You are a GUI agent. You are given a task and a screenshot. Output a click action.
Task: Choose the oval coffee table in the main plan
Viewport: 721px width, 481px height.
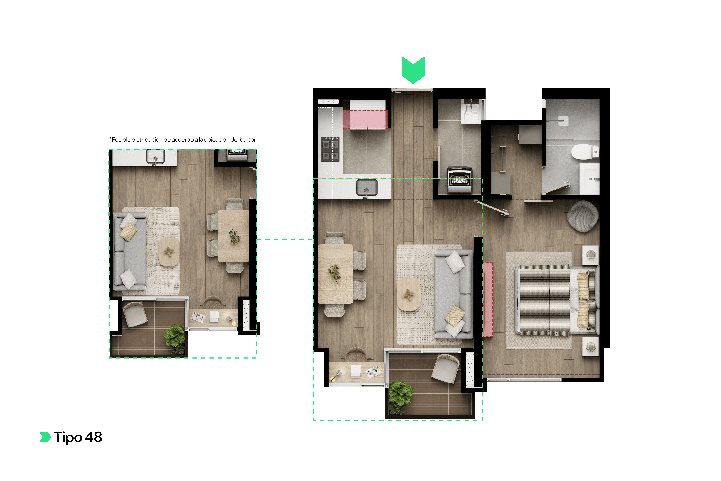point(408,294)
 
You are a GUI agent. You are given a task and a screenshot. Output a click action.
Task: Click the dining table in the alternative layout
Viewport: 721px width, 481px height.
point(233,236)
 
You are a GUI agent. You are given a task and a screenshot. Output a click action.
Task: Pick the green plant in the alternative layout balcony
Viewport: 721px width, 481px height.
point(175,336)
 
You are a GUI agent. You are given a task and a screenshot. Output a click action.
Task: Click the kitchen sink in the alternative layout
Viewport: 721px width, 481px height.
point(156,156)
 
